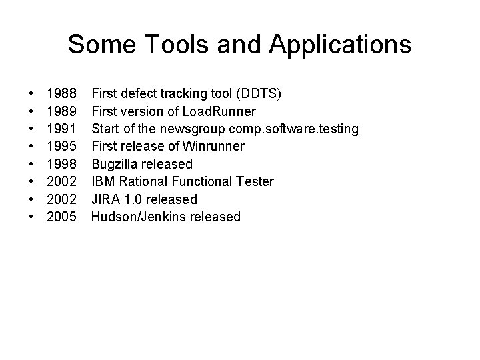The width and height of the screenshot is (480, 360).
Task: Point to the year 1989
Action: (x=61, y=111)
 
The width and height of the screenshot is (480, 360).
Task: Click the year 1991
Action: (x=61, y=129)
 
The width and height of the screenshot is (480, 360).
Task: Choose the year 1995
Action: (x=61, y=146)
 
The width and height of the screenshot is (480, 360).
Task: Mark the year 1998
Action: (x=61, y=164)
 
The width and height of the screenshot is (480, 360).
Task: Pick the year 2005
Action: (x=61, y=217)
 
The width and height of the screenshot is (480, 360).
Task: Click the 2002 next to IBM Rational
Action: (x=61, y=181)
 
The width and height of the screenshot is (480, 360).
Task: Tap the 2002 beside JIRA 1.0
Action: (x=61, y=199)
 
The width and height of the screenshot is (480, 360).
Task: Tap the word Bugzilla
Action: (x=115, y=164)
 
